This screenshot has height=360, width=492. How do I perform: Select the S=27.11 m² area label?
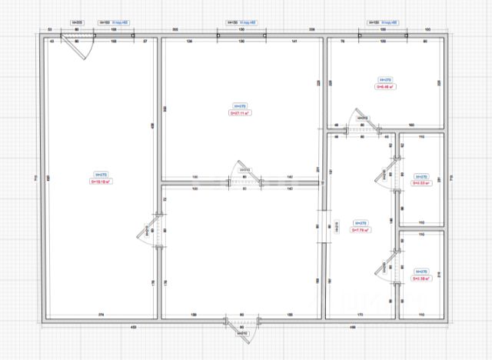(240, 112)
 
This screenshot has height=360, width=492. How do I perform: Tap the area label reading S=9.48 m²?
(385, 87)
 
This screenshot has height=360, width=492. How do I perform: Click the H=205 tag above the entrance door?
(77, 23)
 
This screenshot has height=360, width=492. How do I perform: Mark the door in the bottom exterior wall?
(240, 327)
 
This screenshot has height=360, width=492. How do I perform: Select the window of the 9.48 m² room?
(383, 33)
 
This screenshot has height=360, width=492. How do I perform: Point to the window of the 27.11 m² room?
(241, 33)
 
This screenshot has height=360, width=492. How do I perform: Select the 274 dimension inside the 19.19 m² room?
(101, 315)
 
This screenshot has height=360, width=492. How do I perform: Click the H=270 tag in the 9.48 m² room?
(385, 79)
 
